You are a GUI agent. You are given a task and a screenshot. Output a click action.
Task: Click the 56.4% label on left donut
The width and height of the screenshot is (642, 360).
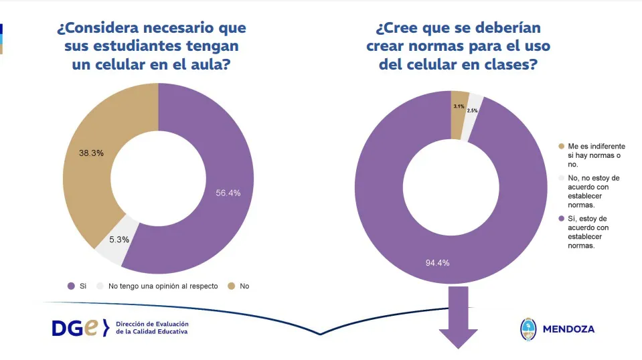tap(228, 193)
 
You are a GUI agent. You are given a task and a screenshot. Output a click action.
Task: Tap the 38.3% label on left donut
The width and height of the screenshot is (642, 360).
tap(90, 153)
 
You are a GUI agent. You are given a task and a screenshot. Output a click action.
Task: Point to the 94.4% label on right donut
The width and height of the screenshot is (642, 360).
tap(436, 262)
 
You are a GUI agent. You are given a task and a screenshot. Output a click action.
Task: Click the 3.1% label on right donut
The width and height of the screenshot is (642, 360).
tap(459, 106)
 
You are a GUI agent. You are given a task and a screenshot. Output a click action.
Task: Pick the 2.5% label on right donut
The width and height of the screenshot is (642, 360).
tap(472, 110)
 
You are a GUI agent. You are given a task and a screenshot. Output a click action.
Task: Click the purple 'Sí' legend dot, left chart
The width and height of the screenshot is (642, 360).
tap(71, 286)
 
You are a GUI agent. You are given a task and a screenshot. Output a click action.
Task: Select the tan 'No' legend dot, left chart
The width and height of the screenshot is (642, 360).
tap(231, 286)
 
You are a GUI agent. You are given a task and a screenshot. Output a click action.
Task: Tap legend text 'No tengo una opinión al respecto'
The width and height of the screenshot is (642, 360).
tap(163, 286)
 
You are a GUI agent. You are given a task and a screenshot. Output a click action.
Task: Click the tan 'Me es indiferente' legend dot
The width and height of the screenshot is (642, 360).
tap(561, 145)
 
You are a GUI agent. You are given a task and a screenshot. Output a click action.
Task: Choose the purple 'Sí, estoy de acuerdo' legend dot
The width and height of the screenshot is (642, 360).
tap(561, 218)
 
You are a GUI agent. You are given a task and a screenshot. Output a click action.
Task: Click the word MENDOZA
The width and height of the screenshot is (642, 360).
tap(568, 329)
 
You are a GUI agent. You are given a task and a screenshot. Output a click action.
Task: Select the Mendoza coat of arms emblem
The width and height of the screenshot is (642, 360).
tap(528, 329)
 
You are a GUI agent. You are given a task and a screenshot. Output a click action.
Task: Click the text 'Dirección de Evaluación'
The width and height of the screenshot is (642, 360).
tap(152, 323)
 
